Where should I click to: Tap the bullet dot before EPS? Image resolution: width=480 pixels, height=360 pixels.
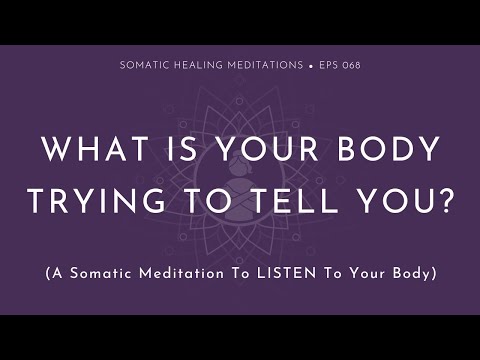click(x=313, y=66)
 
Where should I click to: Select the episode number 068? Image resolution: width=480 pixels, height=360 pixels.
click(x=351, y=66)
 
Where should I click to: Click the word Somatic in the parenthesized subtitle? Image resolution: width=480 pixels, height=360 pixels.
click(x=96, y=273)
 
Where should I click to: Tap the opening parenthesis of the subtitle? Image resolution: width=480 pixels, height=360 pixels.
click(x=47, y=273)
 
